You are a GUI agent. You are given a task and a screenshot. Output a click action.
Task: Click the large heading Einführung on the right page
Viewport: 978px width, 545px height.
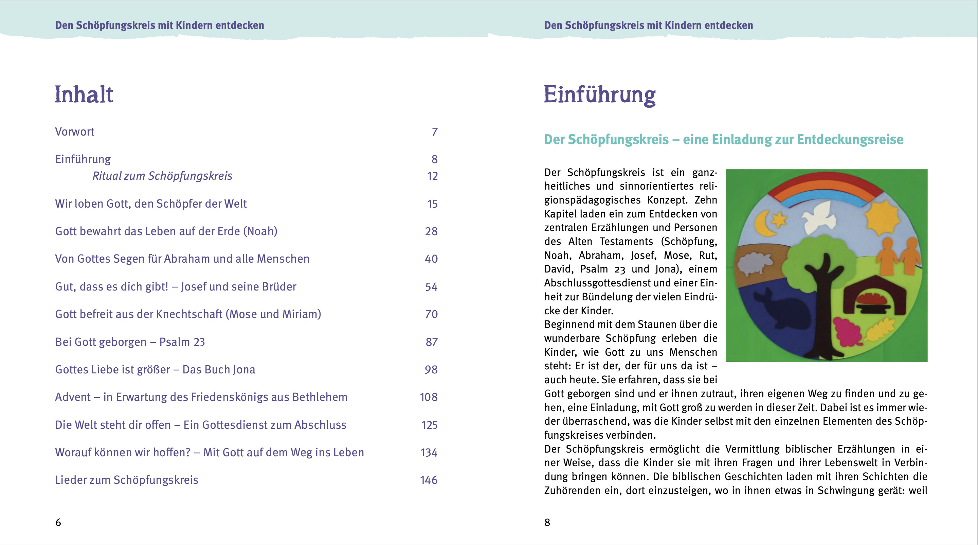(x=599, y=95)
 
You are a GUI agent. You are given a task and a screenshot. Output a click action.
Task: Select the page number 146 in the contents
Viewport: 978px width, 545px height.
(x=429, y=480)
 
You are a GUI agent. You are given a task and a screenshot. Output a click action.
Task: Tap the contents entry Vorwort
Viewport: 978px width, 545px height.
(x=74, y=132)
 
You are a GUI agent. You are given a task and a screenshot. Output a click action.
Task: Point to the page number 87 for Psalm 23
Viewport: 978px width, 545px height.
(x=431, y=342)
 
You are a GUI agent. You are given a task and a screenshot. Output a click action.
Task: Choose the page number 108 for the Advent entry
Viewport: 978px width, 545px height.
(x=429, y=397)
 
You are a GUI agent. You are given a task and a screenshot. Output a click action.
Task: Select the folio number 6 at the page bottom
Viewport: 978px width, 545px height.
(x=58, y=523)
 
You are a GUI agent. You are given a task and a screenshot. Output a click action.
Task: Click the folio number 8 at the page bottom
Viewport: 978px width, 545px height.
(x=547, y=523)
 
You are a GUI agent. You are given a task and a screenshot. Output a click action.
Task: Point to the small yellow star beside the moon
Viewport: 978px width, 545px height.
(x=778, y=219)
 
